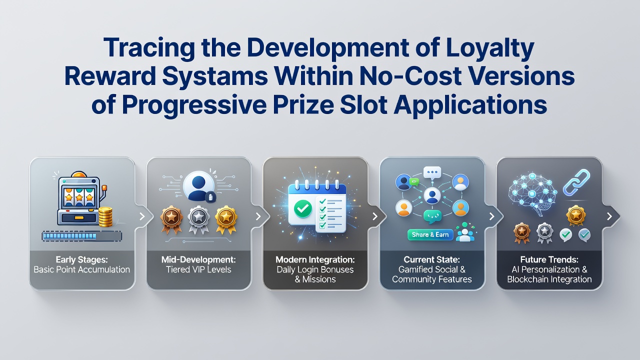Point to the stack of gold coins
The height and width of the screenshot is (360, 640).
pos(105,217)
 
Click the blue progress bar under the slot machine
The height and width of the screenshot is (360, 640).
pos(81,236)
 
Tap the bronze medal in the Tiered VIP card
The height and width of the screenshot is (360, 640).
pos(171,219)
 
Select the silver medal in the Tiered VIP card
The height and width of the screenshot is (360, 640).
pos(198,219)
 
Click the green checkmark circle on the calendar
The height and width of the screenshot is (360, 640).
pos(303,209)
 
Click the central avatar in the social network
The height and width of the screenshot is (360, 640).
pos(432,195)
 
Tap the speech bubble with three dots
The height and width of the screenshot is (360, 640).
pos(432,173)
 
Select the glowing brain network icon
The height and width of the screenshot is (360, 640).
pos(533,193)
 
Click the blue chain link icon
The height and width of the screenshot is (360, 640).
pos(576,182)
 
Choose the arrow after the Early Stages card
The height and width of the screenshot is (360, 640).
pos(142,216)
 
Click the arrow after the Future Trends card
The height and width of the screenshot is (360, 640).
pos(609,216)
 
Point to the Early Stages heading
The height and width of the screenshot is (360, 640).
pos(81,259)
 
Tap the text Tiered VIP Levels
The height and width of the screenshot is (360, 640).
pos(198,269)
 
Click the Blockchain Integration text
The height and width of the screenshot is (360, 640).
pos(549,279)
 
